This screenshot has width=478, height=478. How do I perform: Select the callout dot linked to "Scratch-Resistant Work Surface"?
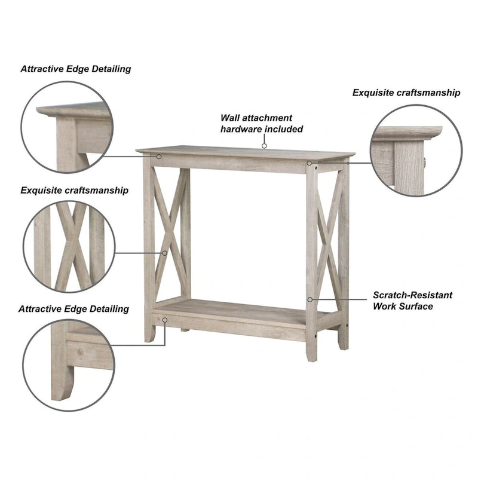click(310, 299)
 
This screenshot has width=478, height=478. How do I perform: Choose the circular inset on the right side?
click(416, 151)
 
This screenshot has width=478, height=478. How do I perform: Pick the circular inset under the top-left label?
click(67, 127)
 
